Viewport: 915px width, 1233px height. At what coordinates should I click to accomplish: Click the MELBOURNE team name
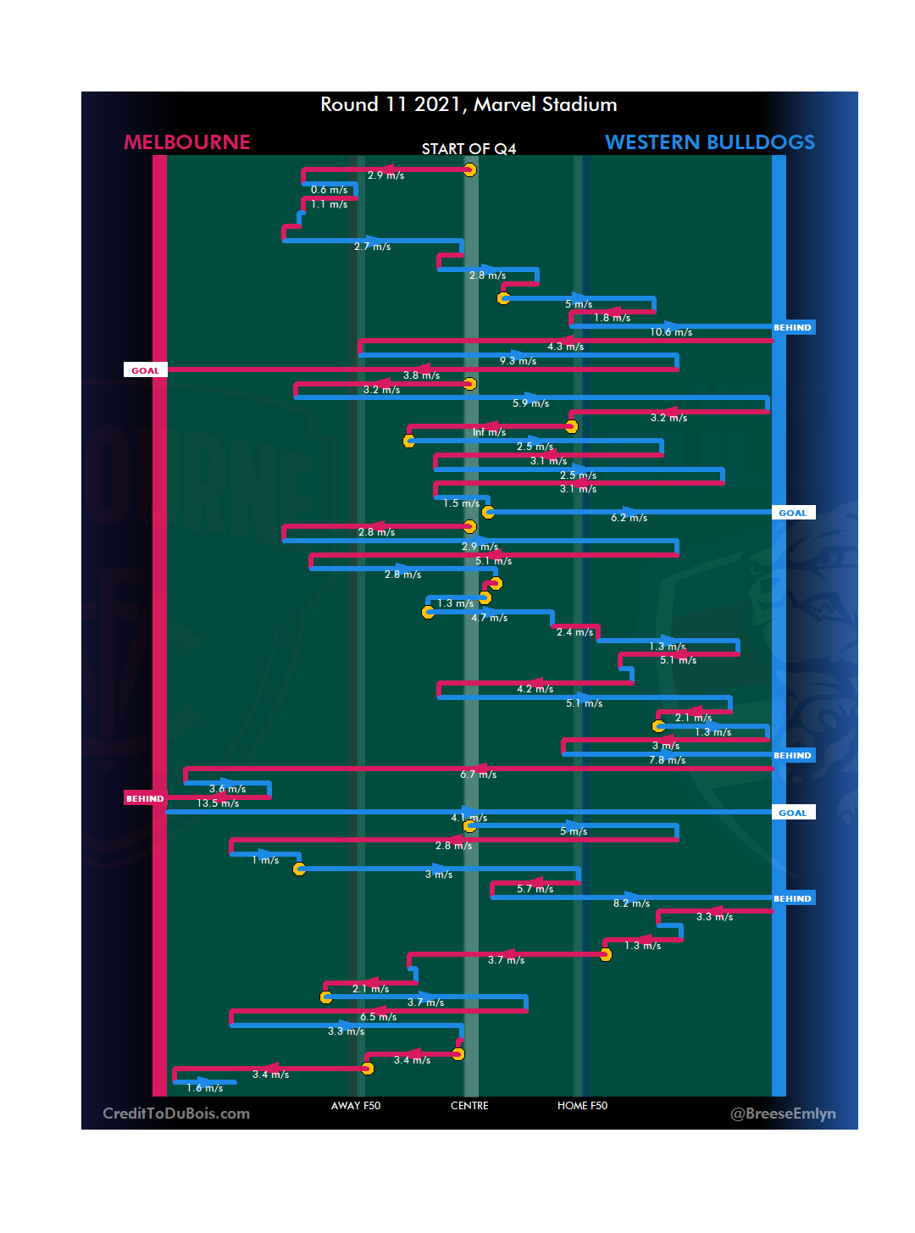187,142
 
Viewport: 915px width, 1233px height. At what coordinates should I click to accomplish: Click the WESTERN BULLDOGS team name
709,142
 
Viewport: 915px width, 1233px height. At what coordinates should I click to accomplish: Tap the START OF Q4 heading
469,149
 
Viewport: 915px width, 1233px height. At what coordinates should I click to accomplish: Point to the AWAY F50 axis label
356,1106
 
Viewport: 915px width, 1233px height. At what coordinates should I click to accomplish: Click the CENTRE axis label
469,1106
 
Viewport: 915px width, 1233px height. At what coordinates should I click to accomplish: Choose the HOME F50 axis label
582,1106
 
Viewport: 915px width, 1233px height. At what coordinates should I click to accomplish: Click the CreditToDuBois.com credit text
176,1114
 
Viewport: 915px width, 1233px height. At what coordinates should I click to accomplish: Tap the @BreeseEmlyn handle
783,1114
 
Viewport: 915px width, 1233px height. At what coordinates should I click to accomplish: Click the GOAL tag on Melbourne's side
145,370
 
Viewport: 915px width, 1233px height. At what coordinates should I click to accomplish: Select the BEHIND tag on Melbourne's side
145,798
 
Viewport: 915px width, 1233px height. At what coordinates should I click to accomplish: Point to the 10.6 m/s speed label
671,332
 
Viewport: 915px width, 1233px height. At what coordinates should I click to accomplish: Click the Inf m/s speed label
489,432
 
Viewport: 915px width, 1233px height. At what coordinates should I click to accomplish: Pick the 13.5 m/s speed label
218,803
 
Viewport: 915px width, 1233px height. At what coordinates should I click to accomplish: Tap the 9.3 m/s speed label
518,361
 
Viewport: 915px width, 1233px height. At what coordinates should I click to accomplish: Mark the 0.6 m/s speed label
329,190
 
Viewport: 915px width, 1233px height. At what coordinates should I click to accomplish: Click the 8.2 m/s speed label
631,903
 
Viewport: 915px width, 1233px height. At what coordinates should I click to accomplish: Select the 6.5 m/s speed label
378,1017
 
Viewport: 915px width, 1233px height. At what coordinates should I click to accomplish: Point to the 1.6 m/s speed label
204,1088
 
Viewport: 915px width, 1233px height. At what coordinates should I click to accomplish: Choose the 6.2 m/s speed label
629,518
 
